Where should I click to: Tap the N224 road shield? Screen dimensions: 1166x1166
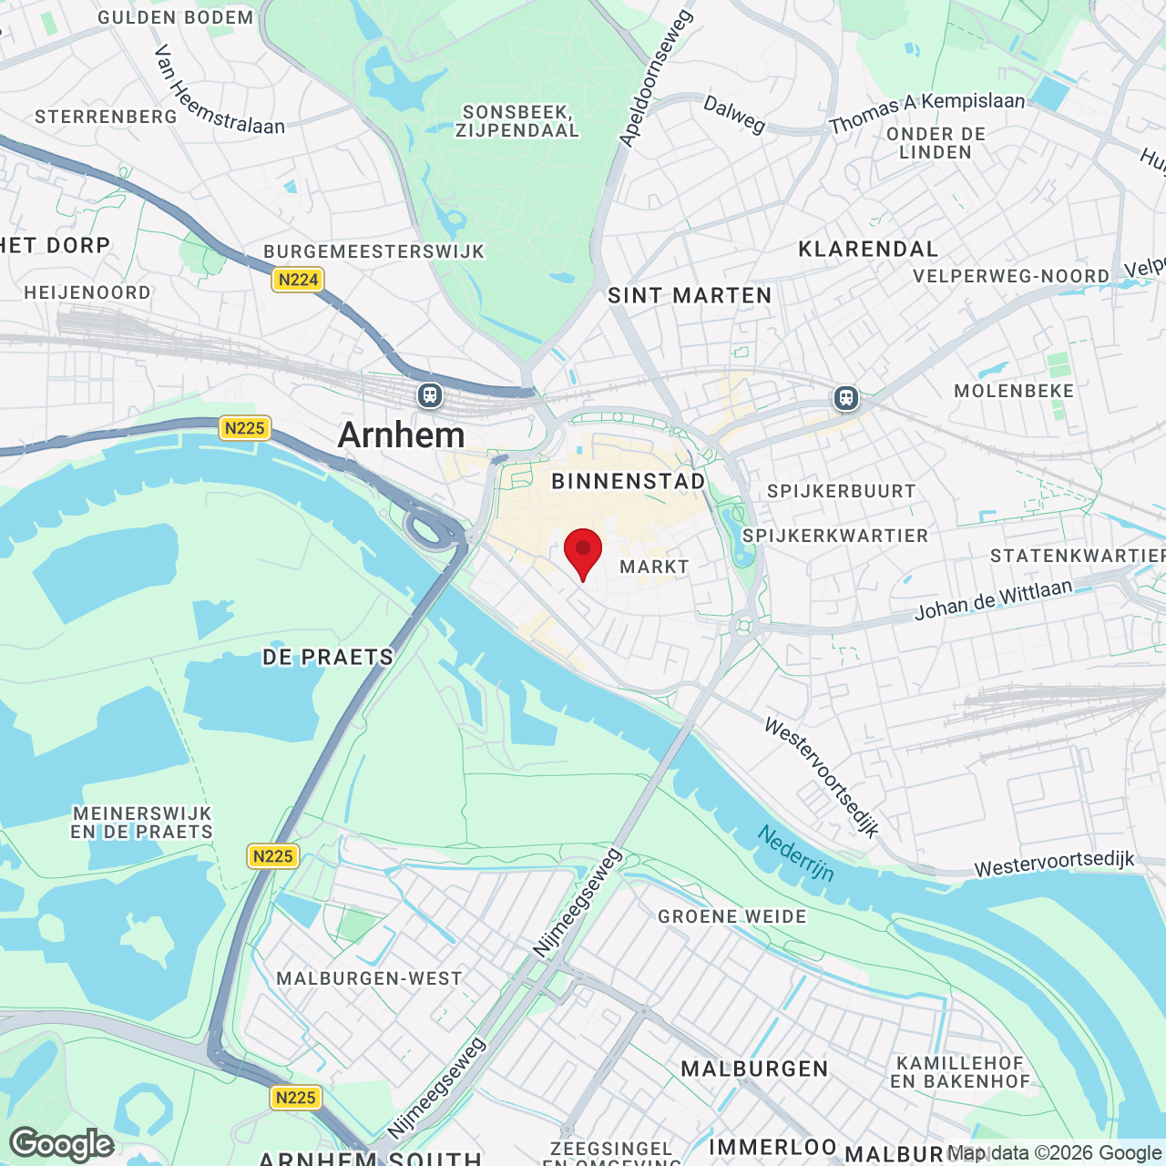pyautogui.click(x=298, y=280)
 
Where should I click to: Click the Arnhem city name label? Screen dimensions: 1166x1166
pyautogui.click(x=401, y=435)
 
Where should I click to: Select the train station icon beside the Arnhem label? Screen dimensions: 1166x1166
pyautogui.click(x=430, y=395)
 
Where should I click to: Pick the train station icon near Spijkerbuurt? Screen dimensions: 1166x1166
pyautogui.click(x=846, y=398)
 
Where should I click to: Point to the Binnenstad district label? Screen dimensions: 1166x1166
pyautogui.click(x=629, y=481)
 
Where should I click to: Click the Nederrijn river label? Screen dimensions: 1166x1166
pyautogui.click(x=796, y=854)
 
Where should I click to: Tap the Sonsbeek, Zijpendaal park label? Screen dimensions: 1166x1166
pyautogui.click(x=518, y=121)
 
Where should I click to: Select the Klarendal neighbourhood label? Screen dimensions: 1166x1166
pyautogui.click(x=868, y=250)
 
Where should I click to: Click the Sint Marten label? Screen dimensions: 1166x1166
pyautogui.click(x=690, y=295)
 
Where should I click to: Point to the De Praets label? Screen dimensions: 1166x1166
pyautogui.click(x=328, y=657)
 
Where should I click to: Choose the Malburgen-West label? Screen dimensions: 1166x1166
pyautogui.click(x=369, y=978)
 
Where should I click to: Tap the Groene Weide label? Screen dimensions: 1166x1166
pyautogui.click(x=732, y=916)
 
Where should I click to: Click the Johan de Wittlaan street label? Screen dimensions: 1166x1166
pyautogui.click(x=993, y=600)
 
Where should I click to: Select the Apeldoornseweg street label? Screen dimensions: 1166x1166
pyautogui.click(x=656, y=78)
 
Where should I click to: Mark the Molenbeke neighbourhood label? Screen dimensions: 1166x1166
pyautogui.click(x=1014, y=391)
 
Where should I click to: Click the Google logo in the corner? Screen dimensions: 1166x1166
pyautogui.click(x=62, y=1143)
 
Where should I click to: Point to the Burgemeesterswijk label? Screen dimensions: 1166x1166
pyautogui.click(x=374, y=251)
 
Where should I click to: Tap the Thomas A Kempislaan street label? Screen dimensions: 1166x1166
pyautogui.click(x=926, y=113)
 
